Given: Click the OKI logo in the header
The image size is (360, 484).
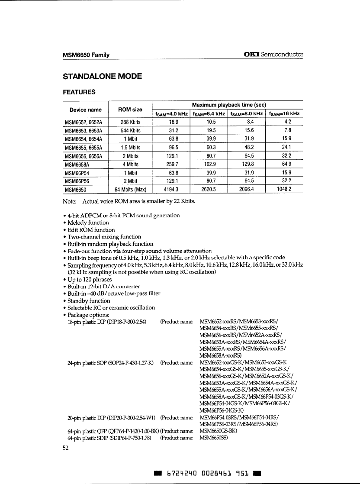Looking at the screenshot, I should click(x=252, y=55).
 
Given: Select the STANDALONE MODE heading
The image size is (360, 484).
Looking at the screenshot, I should click(x=103, y=77).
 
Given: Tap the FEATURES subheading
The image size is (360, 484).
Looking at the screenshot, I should click(x=79, y=92).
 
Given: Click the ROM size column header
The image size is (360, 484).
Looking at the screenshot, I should click(x=130, y=110).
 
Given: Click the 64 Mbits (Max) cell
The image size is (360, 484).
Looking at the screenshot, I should click(x=130, y=189).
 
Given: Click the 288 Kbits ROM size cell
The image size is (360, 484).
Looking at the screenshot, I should click(x=130, y=123).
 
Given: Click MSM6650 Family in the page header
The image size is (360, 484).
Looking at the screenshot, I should click(x=86, y=55).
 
